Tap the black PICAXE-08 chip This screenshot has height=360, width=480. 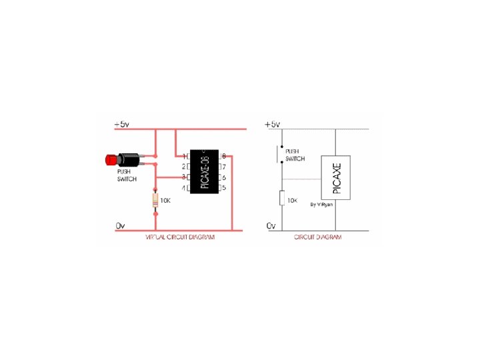tap(204, 171)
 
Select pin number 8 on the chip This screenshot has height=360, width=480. tap(224, 155)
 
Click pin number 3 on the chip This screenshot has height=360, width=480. tap(184, 177)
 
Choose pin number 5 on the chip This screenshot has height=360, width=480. tap(224, 188)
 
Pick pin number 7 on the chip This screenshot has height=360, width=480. tap(224, 166)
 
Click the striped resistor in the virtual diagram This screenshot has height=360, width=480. tap(156, 199)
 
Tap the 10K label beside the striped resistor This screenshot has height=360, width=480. tap(167, 199)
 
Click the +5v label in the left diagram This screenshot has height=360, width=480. tap(122, 124)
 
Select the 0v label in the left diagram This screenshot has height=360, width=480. tap(120, 226)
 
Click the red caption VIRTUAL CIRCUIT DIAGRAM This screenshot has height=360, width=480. tap(180, 237)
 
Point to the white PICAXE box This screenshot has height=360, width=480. tap(336, 177)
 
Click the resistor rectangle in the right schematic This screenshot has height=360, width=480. tap(281, 198)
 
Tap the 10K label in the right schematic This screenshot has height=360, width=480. tap(291, 200)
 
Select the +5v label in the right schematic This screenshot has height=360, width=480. tap(273, 124)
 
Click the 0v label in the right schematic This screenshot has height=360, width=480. tap(271, 226)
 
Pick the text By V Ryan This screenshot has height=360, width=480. tap(322, 205)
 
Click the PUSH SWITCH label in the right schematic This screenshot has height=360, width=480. tap(295, 155)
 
